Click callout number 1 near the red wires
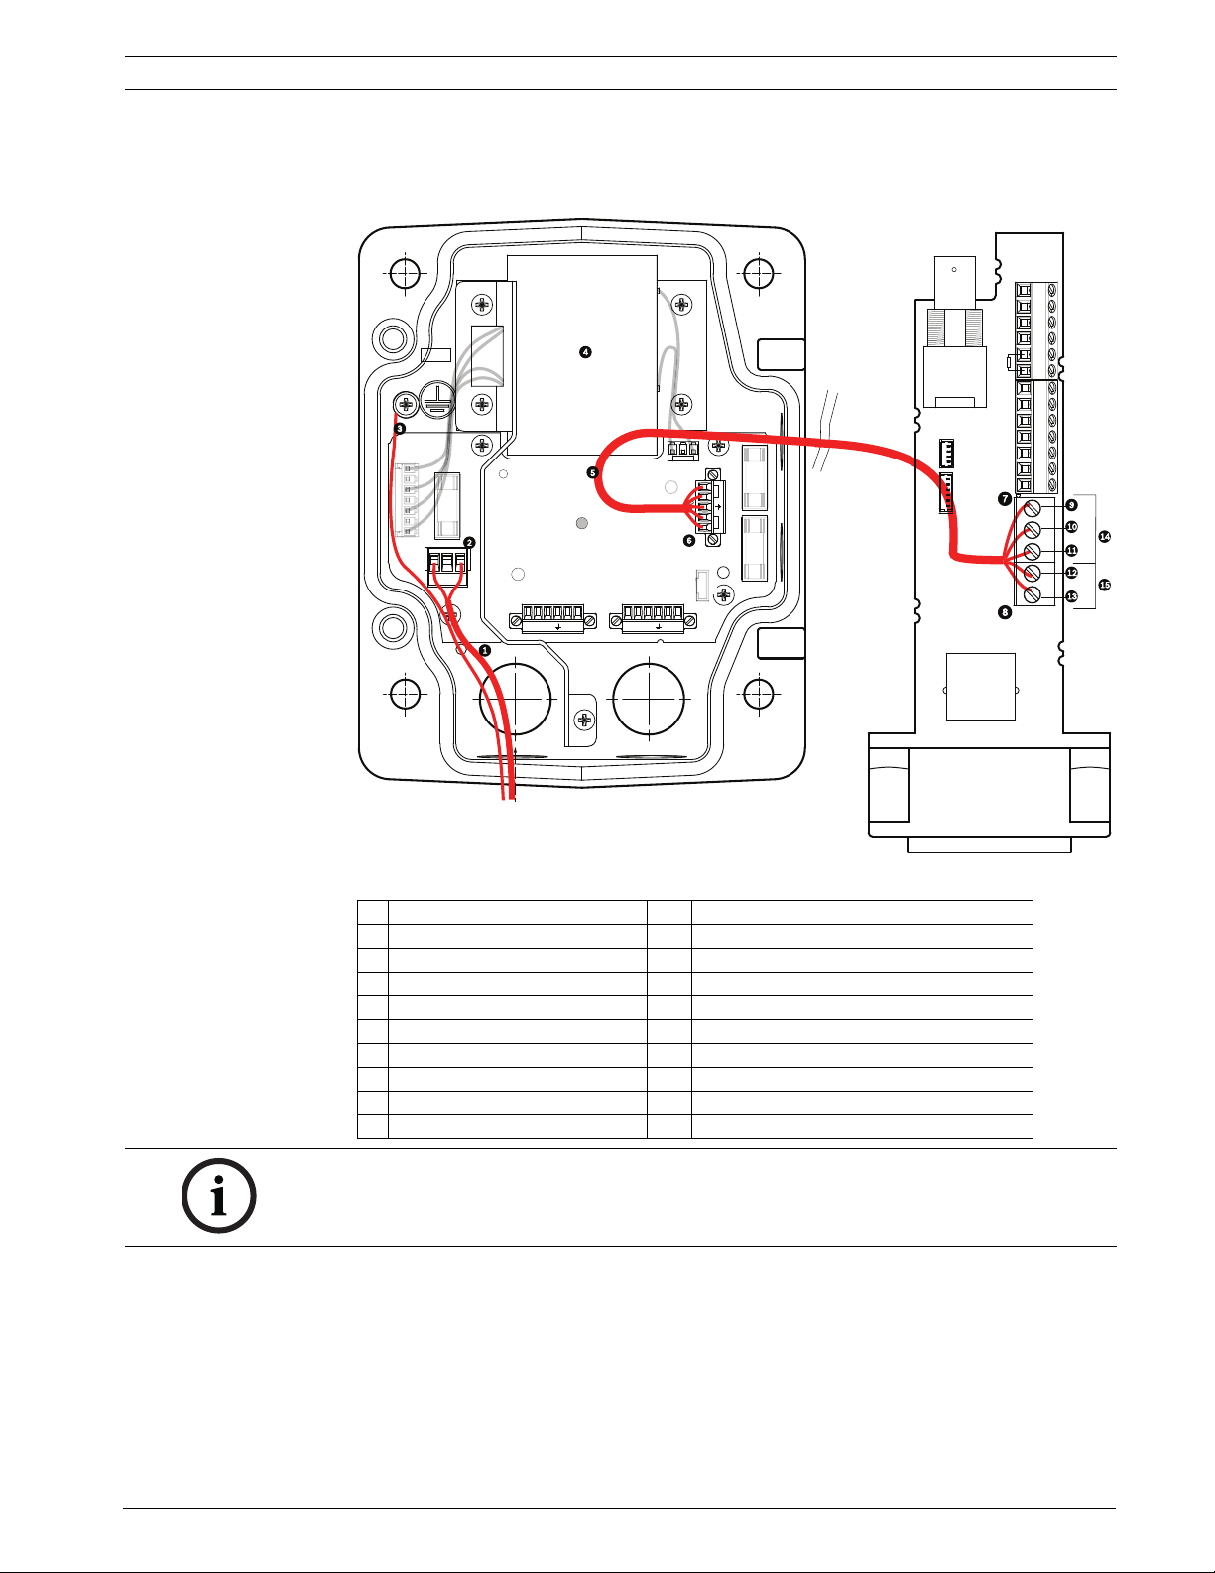tap(485, 650)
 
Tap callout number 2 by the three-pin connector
tap(469, 543)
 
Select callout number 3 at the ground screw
tap(400, 429)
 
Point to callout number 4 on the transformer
tap(585, 352)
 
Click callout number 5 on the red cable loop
tap(593, 473)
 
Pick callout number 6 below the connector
tap(689, 541)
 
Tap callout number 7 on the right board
tap(1005, 499)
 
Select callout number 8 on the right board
tap(1005, 612)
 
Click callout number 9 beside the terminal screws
tap(1071, 505)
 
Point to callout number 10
tap(1071, 527)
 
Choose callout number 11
tap(1071, 551)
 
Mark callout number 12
tap(1071, 573)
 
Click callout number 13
tap(1071, 596)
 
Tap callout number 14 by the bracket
tap(1105, 536)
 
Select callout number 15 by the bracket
tap(1105, 585)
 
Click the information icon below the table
tap(218, 1196)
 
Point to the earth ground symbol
tap(436, 399)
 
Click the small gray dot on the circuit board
tap(582, 523)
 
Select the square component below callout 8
tap(980, 686)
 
